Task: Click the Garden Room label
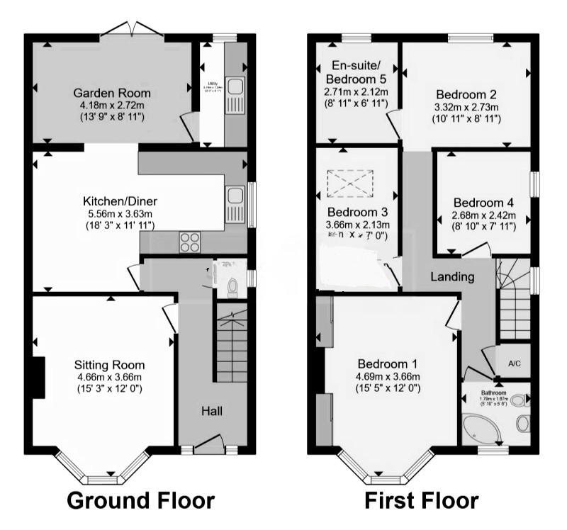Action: [112, 93]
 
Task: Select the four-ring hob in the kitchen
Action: [191, 242]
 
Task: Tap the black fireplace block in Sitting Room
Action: [38, 378]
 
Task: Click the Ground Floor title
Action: [140, 500]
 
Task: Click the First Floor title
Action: [421, 500]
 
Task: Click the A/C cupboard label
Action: [515, 363]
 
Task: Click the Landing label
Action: [452, 277]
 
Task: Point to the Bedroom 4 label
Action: [485, 202]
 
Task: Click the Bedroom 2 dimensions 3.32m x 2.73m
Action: [466, 108]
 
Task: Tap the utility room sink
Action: [235, 93]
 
